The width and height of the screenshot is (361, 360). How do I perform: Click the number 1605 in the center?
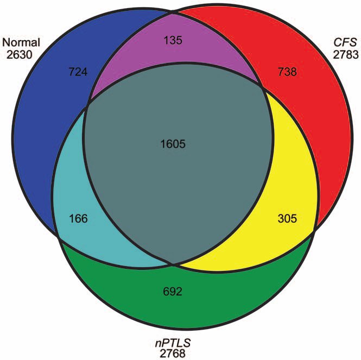click(x=173, y=144)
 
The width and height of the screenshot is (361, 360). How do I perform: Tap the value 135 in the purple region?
click(x=173, y=40)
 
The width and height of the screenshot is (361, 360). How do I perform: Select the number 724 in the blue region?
click(x=78, y=72)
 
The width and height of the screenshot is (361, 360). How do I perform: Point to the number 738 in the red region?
click(x=287, y=72)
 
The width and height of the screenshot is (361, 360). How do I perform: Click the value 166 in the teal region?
click(x=78, y=218)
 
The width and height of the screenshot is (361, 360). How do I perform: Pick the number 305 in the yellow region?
click(x=287, y=218)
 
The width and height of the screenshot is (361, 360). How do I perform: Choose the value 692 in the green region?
click(x=173, y=292)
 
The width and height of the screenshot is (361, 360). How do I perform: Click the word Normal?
click(x=21, y=42)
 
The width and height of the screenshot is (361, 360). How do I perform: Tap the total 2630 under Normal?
click(x=19, y=55)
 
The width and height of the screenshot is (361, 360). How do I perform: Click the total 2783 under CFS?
click(x=346, y=55)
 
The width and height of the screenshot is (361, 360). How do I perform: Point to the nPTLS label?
click(x=173, y=343)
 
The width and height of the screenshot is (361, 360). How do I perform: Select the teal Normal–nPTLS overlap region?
click(x=76, y=207)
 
